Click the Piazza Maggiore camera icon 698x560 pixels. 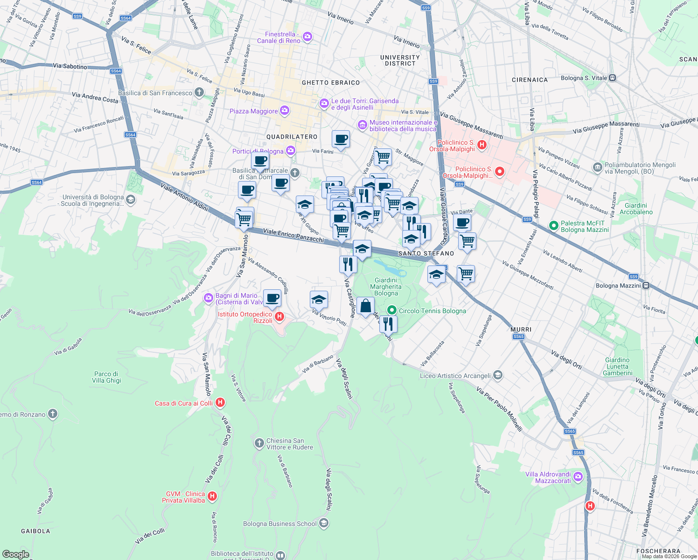pos(285,111)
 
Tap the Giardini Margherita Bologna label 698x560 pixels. pos(386,287)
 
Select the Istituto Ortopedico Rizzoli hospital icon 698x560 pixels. pos(279,317)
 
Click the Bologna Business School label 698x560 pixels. pos(280,524)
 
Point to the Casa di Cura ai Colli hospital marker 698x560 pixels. pos(221,403)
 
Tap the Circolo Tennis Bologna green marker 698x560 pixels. pos(392,311)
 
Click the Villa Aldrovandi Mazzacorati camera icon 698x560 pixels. pos(578,477)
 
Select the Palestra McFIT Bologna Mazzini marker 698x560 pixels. pos(554,226)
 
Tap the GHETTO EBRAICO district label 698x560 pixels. pos(331,83)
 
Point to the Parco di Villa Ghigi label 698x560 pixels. pos(106,377)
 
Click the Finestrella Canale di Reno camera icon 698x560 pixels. pos(307,37)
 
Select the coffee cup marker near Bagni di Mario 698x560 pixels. pos(272,298)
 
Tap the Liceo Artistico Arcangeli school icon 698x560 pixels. pos(498,375)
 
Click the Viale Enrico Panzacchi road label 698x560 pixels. pos(293,235)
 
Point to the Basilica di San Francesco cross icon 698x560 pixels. pos(199,92)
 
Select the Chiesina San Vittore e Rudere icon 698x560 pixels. pos(259,443)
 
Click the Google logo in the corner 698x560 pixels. pos(15,554)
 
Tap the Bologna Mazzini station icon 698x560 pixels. pos(646,286)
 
